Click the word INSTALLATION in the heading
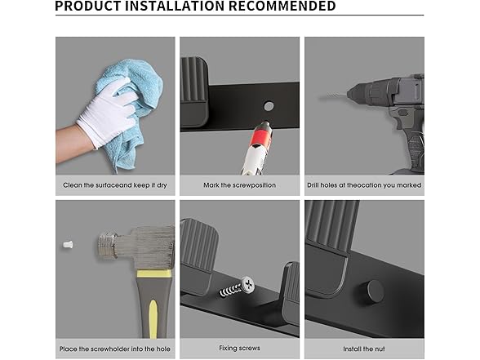point(175,6)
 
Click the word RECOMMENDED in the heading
point(282,6)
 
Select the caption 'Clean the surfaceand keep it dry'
point(115,185)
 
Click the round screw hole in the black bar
point(269,106)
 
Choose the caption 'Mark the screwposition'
point(240,185)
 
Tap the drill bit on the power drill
point(333,96)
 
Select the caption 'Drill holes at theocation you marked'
point(364,185)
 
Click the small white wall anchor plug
point(68,245)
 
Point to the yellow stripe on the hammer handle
point(153,318)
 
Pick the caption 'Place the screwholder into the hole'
point(115,349)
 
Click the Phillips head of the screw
point(247,285)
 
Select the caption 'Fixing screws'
point(240,348)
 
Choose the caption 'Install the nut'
point(364,349)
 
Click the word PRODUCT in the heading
point(88,6)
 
